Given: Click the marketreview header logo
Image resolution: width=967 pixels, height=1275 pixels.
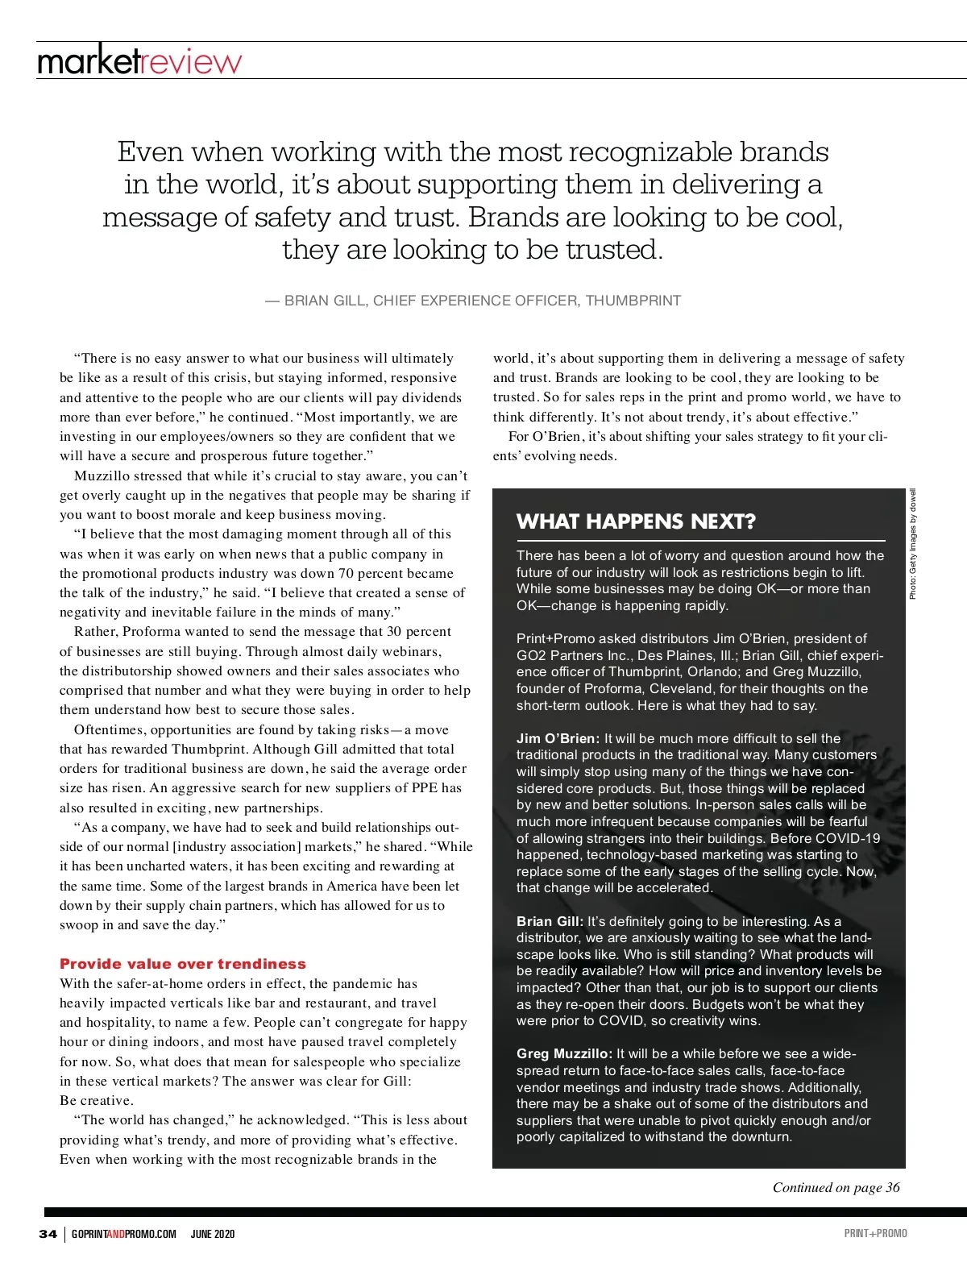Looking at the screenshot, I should pyautogui.click(x=139, y=61).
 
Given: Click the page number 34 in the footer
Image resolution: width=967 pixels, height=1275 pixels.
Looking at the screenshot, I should pyautogui.click(x=48, y=1234).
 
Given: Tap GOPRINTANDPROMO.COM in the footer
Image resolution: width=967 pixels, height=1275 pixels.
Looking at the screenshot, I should pyautogui.click(x=123, y=1234).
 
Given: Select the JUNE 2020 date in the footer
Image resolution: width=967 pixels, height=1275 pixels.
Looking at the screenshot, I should pyautogui.click(x=213, y=1234).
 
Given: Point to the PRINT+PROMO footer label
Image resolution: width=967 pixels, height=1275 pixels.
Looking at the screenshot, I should pyautogui.click(x=875, y=1233).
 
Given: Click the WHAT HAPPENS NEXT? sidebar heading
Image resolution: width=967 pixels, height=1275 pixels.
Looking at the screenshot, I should pyautogui.click(x=636, y=521).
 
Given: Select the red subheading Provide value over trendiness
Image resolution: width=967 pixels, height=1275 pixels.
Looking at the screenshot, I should pyautogui.click(x=183, y=964).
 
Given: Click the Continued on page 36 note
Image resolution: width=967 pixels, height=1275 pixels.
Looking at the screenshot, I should pyautogui.click(x=836, y=1187).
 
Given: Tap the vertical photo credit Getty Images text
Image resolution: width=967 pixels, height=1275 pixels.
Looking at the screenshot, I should pyautogui.click(x=913, y=544).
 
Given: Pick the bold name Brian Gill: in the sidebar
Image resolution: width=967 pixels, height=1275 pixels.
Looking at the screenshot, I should pyautogui.click(x=550, y=921).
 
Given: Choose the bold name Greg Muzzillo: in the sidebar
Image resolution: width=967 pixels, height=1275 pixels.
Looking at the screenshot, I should pyautogui.click(x=564, y=1053).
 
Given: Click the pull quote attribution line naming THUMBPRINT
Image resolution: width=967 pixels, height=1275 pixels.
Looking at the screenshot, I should pyautogui.click(x=473, y=301).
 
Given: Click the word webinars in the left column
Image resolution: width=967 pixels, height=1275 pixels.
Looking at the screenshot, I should pyautogui.click(x=409, y=651).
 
